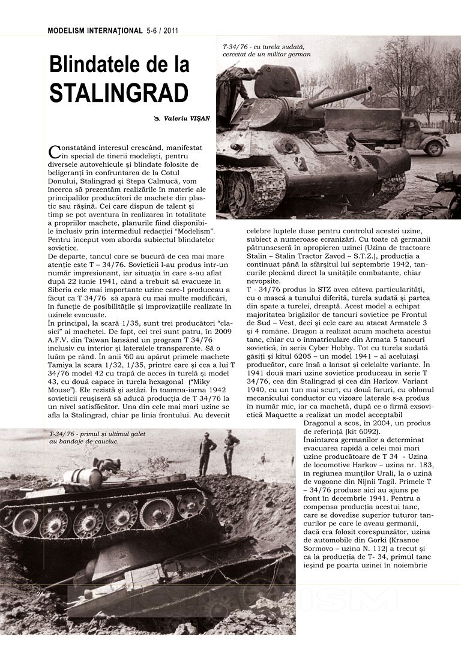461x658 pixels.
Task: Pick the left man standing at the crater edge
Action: tap(206, 453)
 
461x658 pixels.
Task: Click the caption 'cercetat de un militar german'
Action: tap(267, 54)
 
